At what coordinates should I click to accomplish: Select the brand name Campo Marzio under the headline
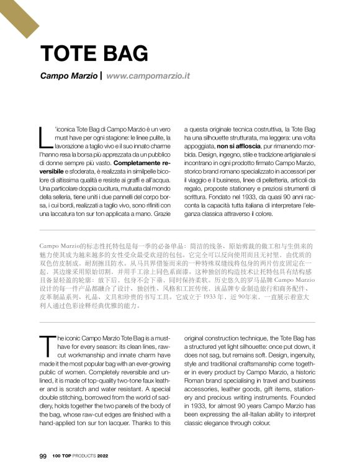[x=68, y=76]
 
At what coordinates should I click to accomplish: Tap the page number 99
[x=43, y=456]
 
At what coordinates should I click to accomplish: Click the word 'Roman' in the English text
[x=197, y=381]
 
